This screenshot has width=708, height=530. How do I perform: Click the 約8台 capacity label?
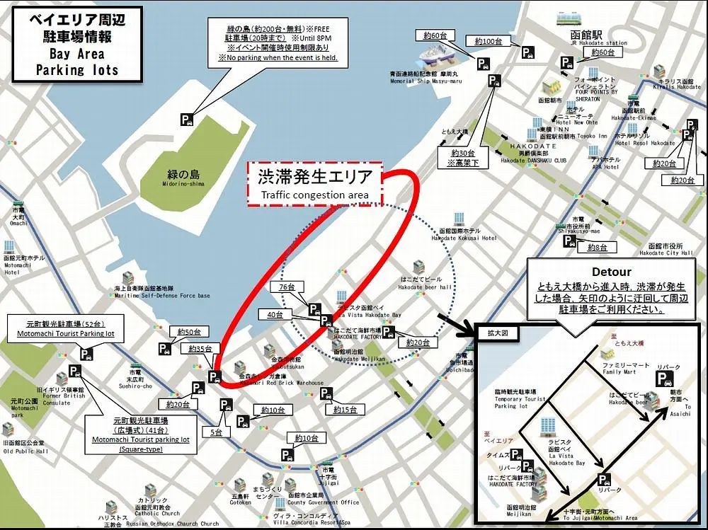(597, 247)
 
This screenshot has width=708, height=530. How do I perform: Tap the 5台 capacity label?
(217, 431)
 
